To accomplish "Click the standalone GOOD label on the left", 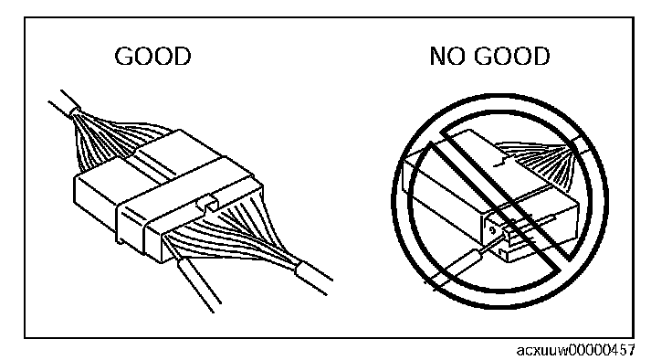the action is pos(152,57).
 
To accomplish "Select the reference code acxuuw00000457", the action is pos(576,350).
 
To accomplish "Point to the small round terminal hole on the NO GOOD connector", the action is pos(492,230).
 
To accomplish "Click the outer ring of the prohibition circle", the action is pos(500,95).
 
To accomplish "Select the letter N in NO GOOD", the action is pos(437,57).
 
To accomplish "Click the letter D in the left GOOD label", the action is pos(183,57).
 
